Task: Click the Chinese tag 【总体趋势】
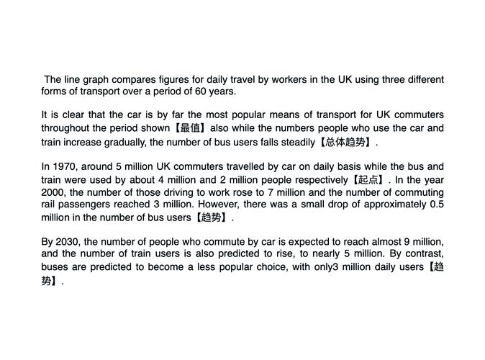(x=345, y=142)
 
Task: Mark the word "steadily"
(x=293, y=142)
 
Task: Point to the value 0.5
(x=436, y=204)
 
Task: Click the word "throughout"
(x=66, y=128)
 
